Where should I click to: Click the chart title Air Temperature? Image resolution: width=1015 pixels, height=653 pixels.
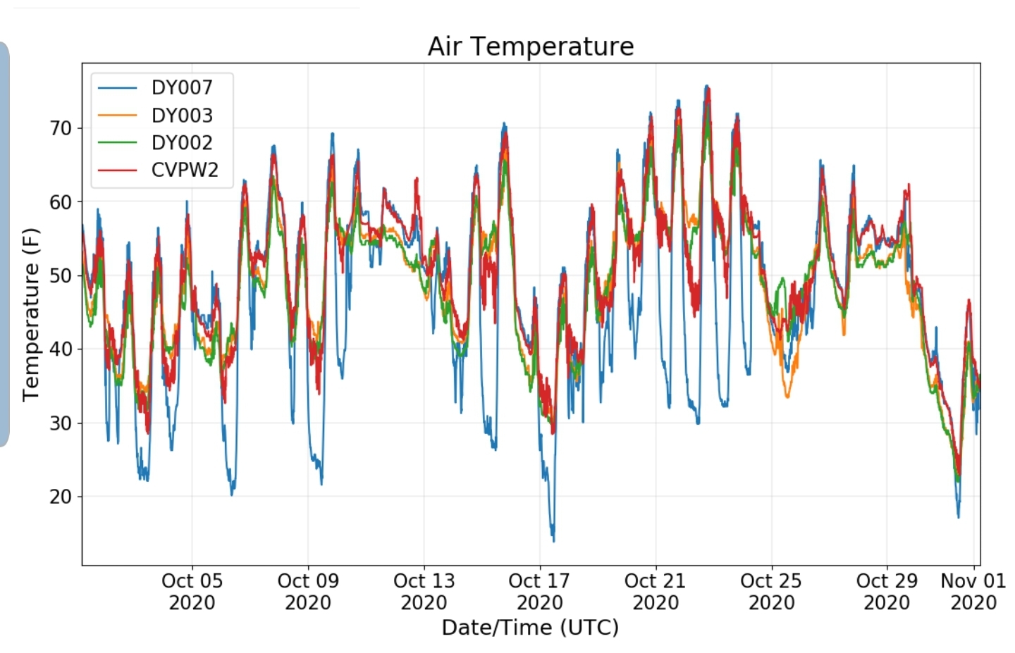point(531,46)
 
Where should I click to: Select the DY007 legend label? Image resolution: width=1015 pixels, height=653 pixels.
point(182,88)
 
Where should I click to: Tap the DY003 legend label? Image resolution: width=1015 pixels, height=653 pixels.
point(182,116)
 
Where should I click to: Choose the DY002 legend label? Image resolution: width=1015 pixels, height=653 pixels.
point(182,142)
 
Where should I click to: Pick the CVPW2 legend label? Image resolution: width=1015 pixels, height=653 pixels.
point(185,170)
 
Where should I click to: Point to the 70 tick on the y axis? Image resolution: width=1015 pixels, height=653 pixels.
point(61,128)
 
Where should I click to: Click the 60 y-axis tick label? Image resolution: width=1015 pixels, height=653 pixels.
point(61,202)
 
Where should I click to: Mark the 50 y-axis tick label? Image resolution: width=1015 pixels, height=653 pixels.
point(61,275)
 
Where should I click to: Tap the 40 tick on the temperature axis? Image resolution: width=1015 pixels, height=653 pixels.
point(61,349)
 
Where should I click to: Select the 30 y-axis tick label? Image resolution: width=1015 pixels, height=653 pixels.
point(61,423)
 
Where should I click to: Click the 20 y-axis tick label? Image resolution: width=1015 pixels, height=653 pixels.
point(61,497)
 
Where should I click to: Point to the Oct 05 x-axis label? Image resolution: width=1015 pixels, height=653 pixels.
point(192,592)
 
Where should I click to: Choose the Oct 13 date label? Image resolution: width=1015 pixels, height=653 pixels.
point(424,592)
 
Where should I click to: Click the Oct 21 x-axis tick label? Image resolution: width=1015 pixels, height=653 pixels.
point(656,592)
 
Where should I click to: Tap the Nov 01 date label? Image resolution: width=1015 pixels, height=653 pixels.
point(973,592)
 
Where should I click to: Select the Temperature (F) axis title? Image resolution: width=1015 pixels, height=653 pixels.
point(31,314)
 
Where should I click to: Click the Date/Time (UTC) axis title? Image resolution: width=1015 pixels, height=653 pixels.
point(531,628)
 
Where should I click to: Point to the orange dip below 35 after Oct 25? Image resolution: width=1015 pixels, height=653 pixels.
point(787,397)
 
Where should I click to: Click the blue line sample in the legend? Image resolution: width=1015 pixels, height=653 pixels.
point(117,88)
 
